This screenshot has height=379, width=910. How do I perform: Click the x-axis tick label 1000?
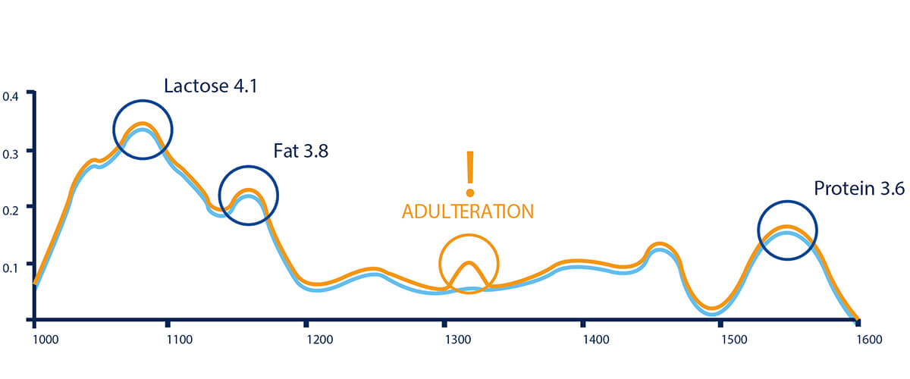point(47,340)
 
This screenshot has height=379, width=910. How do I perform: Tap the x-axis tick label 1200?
point(319,340)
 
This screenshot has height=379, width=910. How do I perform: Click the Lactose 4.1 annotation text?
point(211,86)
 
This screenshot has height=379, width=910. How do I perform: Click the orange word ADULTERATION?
point(468,211)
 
